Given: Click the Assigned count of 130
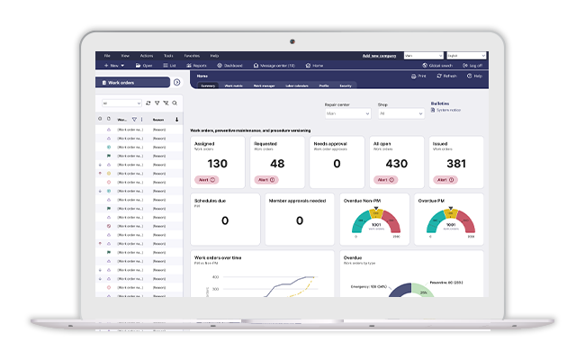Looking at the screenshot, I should coord(217,164).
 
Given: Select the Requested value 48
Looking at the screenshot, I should coord(276,164).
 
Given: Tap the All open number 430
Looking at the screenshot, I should coord(396,164).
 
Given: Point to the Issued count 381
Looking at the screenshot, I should coord(455,164).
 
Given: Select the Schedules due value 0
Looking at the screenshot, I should coord(224,220).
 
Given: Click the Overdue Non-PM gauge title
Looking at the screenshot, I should coord(363,201).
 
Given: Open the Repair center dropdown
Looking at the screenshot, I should coord(347,114).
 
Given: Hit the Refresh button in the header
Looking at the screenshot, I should coord(445,76).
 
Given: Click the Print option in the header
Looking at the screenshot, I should coord(418,76).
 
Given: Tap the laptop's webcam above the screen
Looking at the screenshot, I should coord(292,40).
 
